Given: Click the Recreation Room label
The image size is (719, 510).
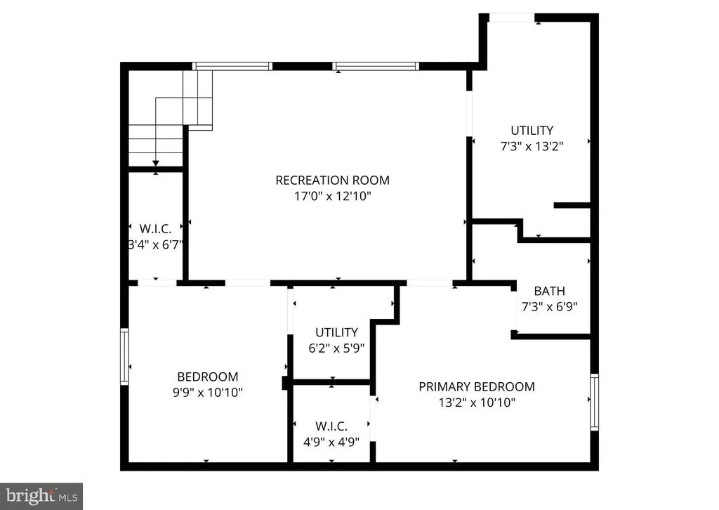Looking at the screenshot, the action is [x=332, y=181].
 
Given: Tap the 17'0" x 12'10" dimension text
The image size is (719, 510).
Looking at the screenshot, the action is [x=332, y=196].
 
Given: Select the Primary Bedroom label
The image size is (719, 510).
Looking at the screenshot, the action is [x=477, y=386].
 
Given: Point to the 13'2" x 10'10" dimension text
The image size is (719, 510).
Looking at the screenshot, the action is [x=477, y=403].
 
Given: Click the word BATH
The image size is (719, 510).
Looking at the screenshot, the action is [x=549, y=291].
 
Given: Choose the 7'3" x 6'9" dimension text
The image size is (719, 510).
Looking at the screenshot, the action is [x=549, y=307].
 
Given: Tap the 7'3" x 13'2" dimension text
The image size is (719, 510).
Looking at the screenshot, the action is [x=532, y=146].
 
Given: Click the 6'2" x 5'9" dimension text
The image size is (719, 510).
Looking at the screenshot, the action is [x=336, y=348].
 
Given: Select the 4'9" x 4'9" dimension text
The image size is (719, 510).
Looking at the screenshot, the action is [x=331, y=442].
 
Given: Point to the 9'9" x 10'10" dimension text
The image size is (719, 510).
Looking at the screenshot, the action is [x=207, y=393].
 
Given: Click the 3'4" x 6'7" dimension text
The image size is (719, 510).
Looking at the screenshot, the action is [x=155, y=244].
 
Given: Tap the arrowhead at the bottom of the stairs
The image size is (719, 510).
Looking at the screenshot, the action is [x=156, y=163].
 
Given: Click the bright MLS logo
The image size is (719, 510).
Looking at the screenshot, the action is [x=41, y=496].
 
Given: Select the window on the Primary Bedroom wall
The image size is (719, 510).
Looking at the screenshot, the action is [x=594, y=403].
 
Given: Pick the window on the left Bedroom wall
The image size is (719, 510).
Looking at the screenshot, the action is [x=124, y=356].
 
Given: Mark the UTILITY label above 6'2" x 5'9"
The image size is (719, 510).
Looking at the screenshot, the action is [x=336, y=332].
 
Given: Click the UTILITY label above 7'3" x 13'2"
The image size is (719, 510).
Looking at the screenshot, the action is [x=532, y=130].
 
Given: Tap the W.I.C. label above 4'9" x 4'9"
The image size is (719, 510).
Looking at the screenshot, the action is [x=331, y=426].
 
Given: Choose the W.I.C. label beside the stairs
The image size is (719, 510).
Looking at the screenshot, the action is [x=155, y=228].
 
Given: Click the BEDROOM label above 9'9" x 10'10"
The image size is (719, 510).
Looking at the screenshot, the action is [x=207, y=377].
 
